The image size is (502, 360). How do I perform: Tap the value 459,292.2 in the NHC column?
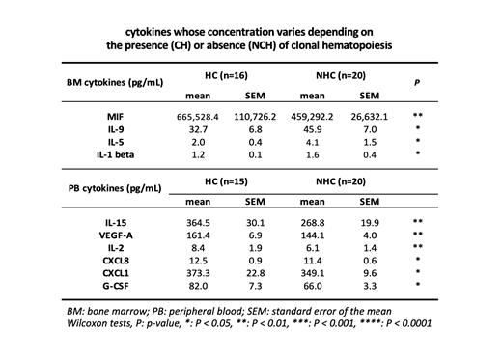click(x=312, y=117)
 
